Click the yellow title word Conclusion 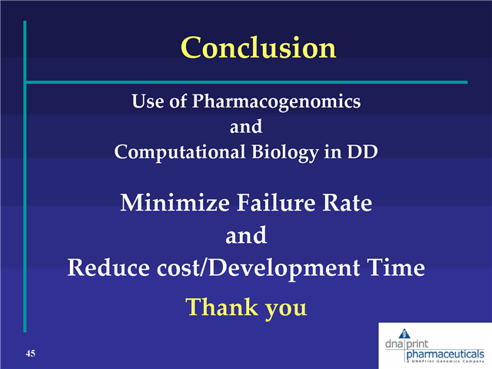click(x=258, y=48)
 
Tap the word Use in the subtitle click(x=148, y=101)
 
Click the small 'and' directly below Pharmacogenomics click(x=246, y=126)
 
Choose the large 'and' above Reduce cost click(x=246, y=236)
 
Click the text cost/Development click(x=258, y=268)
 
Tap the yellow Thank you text click(x=246, y=307)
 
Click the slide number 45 click(x=31, y=353)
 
